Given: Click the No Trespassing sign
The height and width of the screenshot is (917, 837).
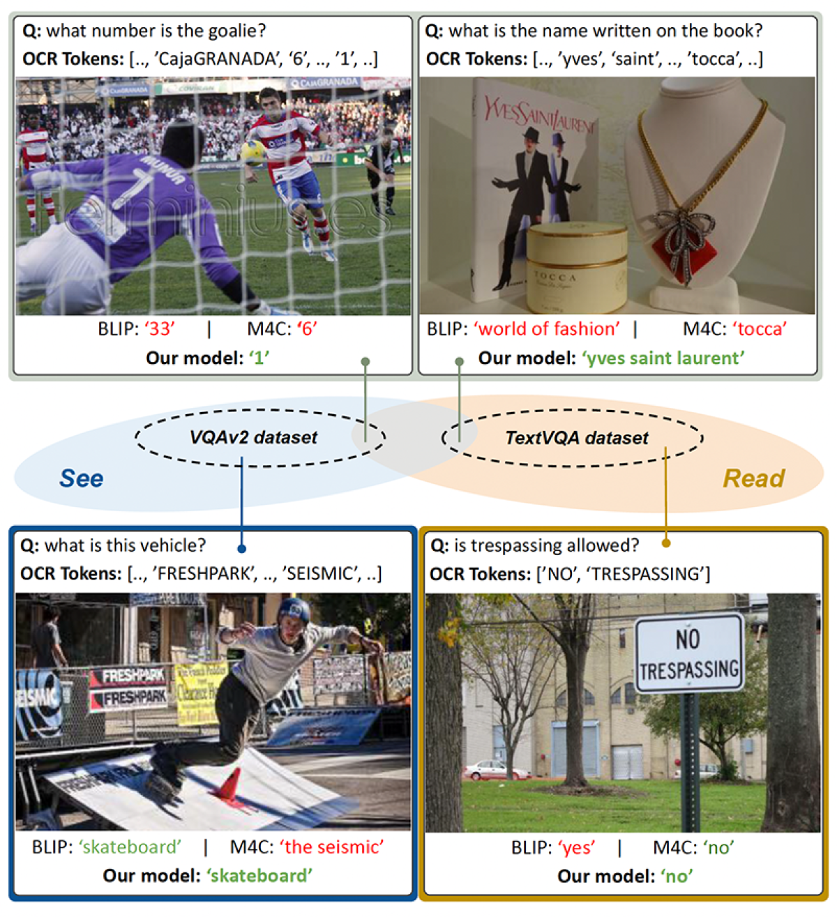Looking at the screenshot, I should click(x=689, y=653).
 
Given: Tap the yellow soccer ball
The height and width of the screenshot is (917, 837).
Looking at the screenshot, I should click(x=252, y=151).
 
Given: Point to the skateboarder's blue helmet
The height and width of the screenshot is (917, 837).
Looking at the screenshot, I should click(x=293, y=612).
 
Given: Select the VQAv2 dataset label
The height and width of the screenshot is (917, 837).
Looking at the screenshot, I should click(x=253, y=437).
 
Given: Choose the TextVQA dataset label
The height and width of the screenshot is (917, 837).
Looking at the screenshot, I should click(x=576, y=437).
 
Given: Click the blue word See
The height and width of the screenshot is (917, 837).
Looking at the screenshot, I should click(x=81, y=478).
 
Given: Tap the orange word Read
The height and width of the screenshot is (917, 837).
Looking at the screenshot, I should click(x=753, y=478).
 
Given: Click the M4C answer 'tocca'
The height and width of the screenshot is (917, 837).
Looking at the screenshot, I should click(x=760, y=328).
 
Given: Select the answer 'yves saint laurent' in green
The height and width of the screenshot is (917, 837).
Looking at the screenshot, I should click(x=663, y=358).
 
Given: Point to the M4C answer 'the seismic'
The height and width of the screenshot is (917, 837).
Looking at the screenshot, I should click(x=332, y=847).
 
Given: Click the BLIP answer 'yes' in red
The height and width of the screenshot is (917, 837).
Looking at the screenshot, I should click(x=577, y=847).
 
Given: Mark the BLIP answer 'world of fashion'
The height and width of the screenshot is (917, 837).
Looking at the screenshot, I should click(x=547, y=328).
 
